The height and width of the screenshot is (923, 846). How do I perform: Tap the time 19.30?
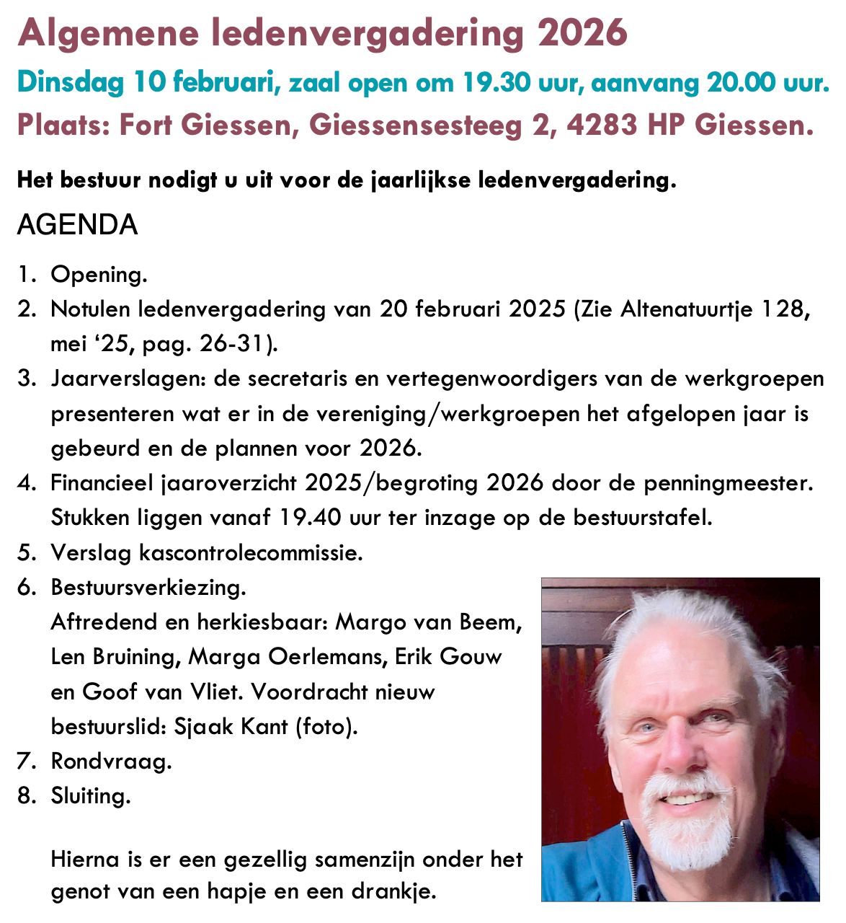tap(492, 84)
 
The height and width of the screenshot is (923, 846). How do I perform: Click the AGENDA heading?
tap(77, 225)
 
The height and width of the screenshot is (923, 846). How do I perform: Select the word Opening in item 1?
tap(98, 275)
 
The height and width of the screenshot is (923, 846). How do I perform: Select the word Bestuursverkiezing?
tap(148, 587)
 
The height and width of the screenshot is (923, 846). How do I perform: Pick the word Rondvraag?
tap(111, 761)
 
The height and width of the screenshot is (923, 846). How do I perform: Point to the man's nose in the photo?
tap(685, 750)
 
